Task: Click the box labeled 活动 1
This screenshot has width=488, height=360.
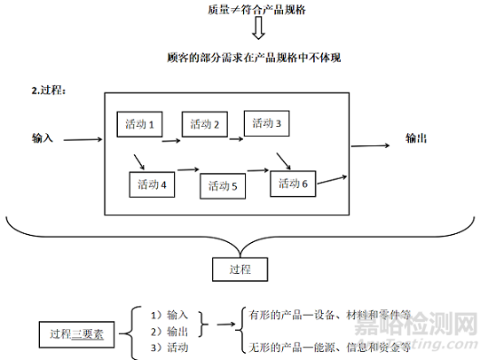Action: tap(140, 124)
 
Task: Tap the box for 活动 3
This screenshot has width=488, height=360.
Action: tap(267, 123)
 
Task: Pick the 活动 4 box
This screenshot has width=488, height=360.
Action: tap(153, 184)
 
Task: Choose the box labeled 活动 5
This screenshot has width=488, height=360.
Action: tap(224, 185)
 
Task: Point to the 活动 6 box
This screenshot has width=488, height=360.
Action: tap(294, 183)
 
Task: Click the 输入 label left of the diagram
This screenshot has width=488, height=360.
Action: tap(43, 138)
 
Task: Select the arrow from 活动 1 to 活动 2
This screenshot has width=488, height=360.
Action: tap(171, 138)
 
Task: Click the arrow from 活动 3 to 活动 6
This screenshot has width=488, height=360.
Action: tap(282, 160)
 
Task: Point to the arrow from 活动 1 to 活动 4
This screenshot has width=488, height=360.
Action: tap(138, 161)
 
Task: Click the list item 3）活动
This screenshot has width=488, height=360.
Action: tap(169, 348)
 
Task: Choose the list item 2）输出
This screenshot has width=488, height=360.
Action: tap(169, 330)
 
